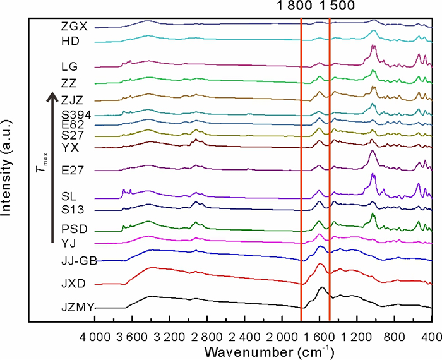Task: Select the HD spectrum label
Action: pos(69,42)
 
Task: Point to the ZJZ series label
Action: pos(71,100)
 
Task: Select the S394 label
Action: pos(76,115)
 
